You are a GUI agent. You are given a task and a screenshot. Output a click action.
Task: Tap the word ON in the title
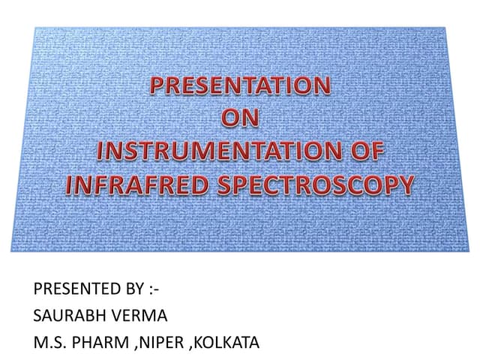(241, 118)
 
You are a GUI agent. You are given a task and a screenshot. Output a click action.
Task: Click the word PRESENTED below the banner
(72, 289)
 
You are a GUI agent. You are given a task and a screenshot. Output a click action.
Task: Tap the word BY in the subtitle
(130, 289)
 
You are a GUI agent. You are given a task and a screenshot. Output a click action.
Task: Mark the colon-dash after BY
(153, 289)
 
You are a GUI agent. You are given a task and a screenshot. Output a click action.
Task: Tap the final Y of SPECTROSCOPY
(406, 183)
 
